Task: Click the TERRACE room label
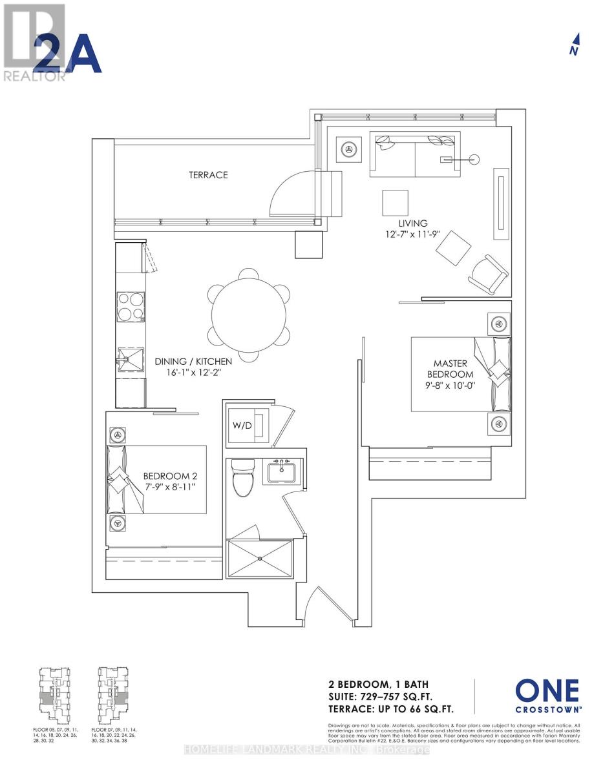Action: (x=208, y=175)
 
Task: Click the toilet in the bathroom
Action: (x=243, y=479)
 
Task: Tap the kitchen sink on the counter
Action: (x=131, y=356)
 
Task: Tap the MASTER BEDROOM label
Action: (x=453, y=369)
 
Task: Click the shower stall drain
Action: (x=260, y=557)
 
